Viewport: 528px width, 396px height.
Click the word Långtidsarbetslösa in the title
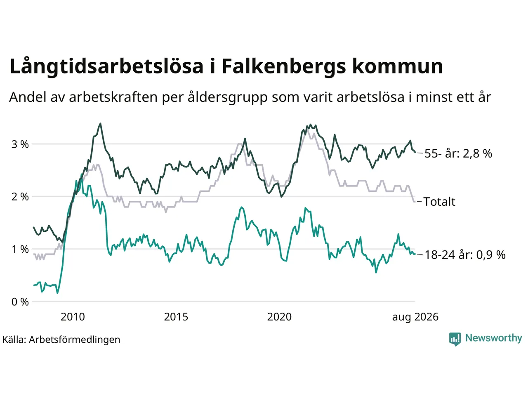coord(106,66)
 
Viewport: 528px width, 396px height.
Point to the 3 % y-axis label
coord(20,144)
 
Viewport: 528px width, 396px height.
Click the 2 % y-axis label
coord(20,197)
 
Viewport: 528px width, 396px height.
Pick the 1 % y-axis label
coord(20,249)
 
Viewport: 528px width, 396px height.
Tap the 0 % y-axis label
coord(20,302)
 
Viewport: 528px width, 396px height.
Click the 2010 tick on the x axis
coord(73,317)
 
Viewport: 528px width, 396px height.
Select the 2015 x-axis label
coord(176,317)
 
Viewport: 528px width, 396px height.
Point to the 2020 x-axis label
coord(279,317)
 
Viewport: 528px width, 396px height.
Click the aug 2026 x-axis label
coord(415,317)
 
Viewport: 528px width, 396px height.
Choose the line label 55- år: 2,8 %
coord(458,153)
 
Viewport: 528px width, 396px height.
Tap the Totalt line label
coord(439,201)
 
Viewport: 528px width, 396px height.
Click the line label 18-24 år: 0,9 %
coord(465,255)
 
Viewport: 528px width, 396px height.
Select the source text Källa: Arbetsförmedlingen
coord(61,339)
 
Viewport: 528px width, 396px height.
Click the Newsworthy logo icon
coord(455,339)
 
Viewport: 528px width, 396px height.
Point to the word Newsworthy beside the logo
coord(494,338)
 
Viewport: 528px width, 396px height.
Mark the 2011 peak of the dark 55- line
coord(100,123)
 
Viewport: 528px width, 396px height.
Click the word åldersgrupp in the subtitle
coord(227,97)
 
